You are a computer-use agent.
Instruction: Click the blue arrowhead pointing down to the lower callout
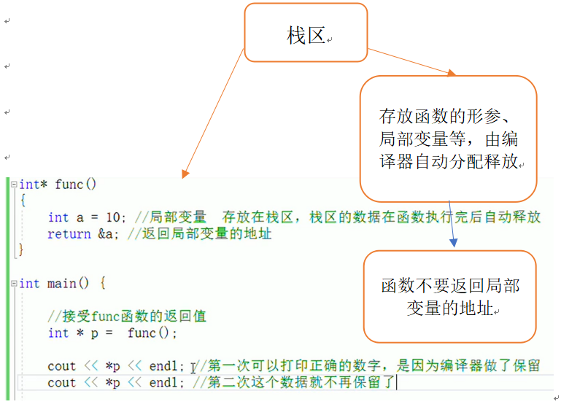pos(454,241)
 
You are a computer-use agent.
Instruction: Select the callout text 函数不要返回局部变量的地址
pos(449,297)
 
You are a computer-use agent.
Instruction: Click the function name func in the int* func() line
pos(69,184)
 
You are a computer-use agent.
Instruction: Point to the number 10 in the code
pos(113,217)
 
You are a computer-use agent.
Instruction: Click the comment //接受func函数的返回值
pos(127,316)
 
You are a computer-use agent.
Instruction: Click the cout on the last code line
pos(62,382)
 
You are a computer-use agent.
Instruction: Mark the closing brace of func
pos(21,250)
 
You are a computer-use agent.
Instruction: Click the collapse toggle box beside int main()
pos(13,283)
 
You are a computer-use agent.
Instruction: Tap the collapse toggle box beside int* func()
pos(13,184)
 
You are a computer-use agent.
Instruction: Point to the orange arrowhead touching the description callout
pos(451,74)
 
